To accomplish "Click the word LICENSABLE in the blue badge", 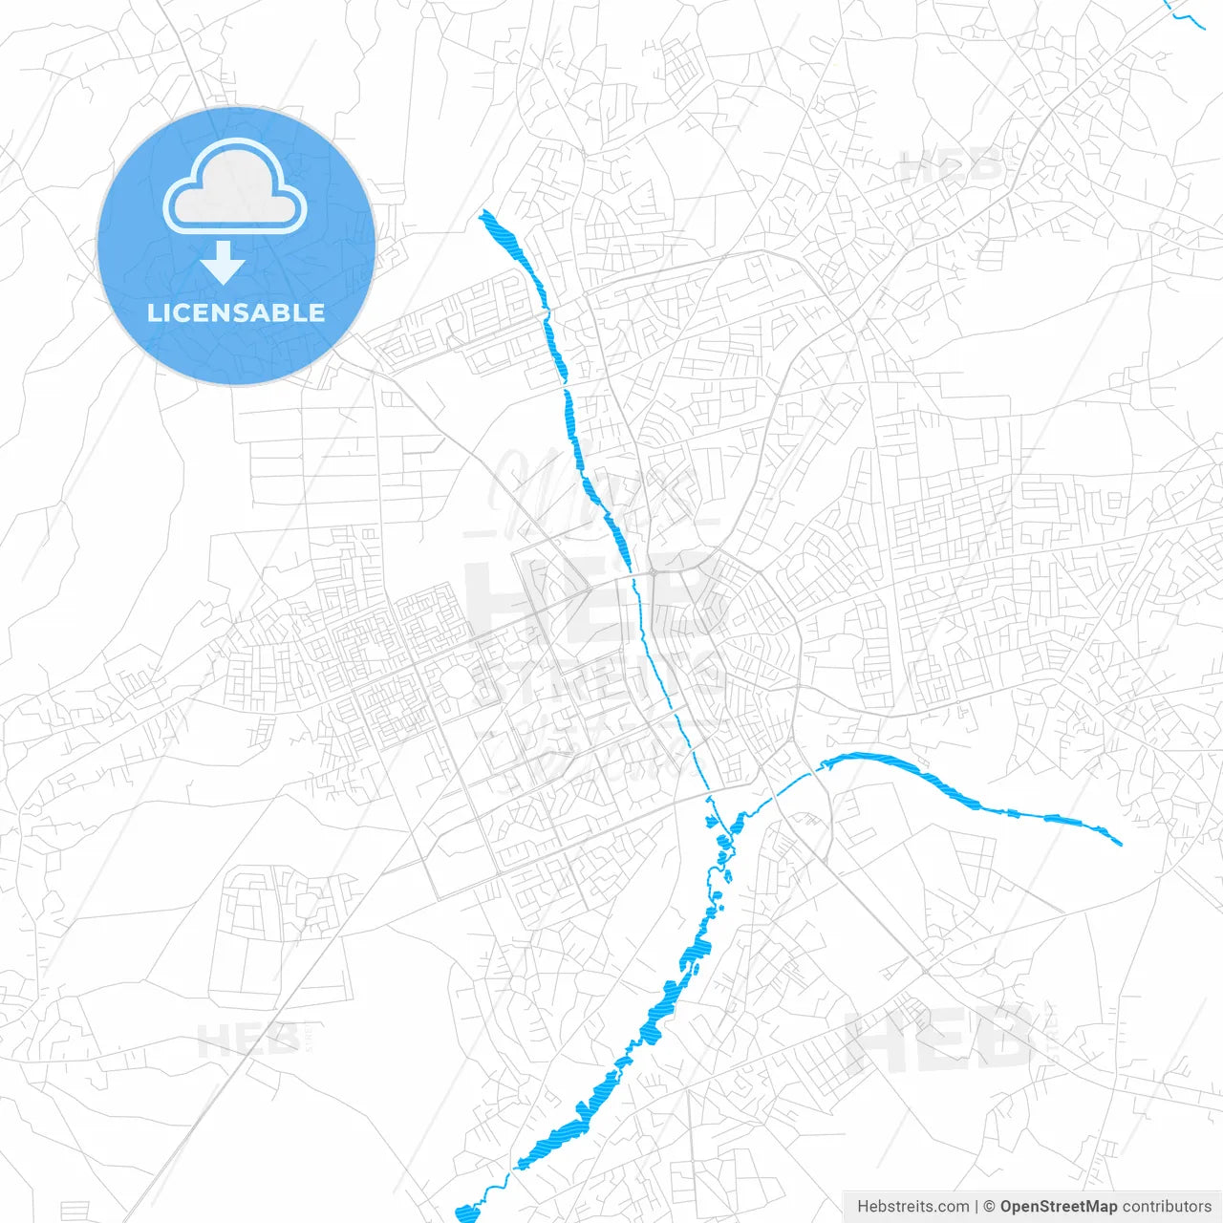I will pos(236,312).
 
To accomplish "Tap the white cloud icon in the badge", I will pos(235,187).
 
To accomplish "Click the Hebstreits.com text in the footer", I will pos(912,1207).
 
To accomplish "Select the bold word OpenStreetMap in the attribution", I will pos(1059,1207).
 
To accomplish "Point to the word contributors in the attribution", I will pos(1167,1207).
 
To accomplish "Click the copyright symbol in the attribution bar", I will pos(990,1207).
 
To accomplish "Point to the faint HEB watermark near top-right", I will pos(952,167).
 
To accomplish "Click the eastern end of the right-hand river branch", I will pos(1119,843).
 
